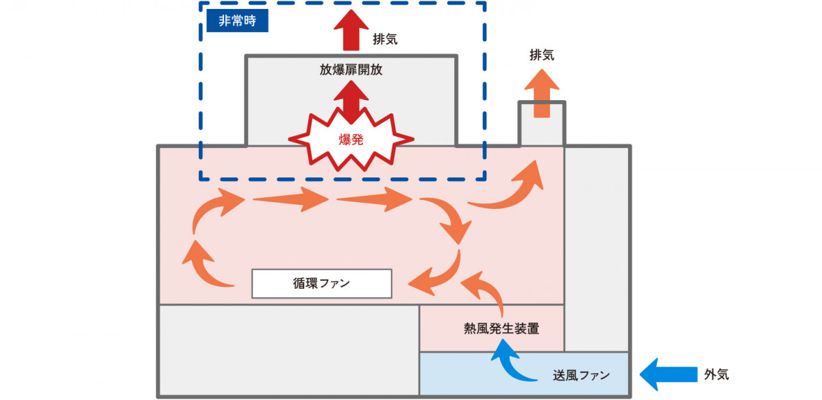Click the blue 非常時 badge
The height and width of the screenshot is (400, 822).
[238, 21]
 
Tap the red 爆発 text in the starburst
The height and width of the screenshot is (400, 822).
[351, 140]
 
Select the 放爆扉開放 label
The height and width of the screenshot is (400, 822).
[351, 69]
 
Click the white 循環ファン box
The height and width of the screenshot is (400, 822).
[322, 284]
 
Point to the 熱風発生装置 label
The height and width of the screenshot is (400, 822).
[501, 329]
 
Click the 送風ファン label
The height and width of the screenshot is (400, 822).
[582, 375]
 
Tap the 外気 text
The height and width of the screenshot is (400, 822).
[717, 374]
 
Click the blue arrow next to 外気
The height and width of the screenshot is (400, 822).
[669, 374]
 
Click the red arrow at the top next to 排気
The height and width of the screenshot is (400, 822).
[351, 30]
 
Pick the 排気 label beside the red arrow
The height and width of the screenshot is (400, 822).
[385, 39]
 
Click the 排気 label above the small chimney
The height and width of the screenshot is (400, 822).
[542, 55]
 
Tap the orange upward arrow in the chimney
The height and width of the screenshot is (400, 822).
[542, 94]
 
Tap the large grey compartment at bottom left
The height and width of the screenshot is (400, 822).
[289, 351]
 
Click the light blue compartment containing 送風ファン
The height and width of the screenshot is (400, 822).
[524, 373]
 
